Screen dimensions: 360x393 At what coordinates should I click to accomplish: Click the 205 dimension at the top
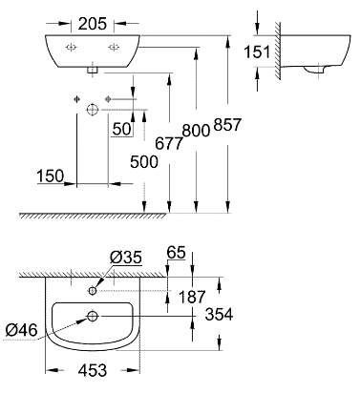click(92, 24)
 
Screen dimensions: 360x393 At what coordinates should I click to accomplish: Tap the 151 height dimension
click(257, 52)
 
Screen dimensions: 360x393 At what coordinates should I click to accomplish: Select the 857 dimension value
click(227, 124)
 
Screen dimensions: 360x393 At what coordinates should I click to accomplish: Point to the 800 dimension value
click(196, 130)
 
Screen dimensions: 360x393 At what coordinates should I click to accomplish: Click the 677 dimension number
click(169, 143)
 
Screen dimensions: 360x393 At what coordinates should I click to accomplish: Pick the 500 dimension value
click(144, 162)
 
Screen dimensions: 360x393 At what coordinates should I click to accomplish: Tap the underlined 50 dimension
click(122, 129)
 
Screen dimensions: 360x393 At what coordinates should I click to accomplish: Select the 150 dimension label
click(51, 176)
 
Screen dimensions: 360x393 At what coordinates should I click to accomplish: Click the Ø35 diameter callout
click(125, 258)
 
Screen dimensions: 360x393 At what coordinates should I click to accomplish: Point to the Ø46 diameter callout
click(21, 330)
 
